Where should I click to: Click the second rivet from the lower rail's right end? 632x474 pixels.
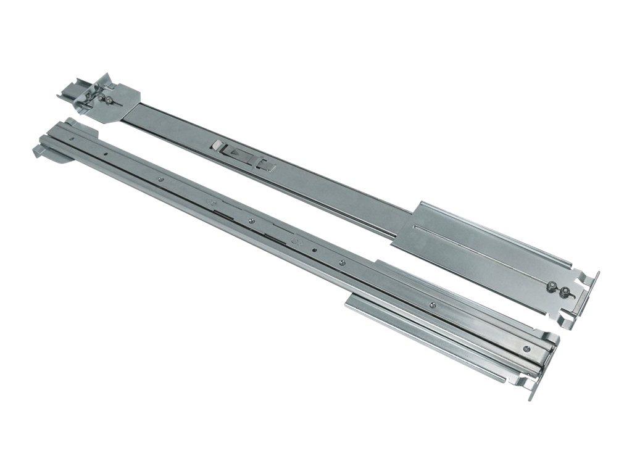click(x=341, y=263)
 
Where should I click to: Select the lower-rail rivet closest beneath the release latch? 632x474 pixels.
click(x=252, y=220)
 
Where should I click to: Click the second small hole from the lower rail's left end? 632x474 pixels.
click(x=106, y=154)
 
